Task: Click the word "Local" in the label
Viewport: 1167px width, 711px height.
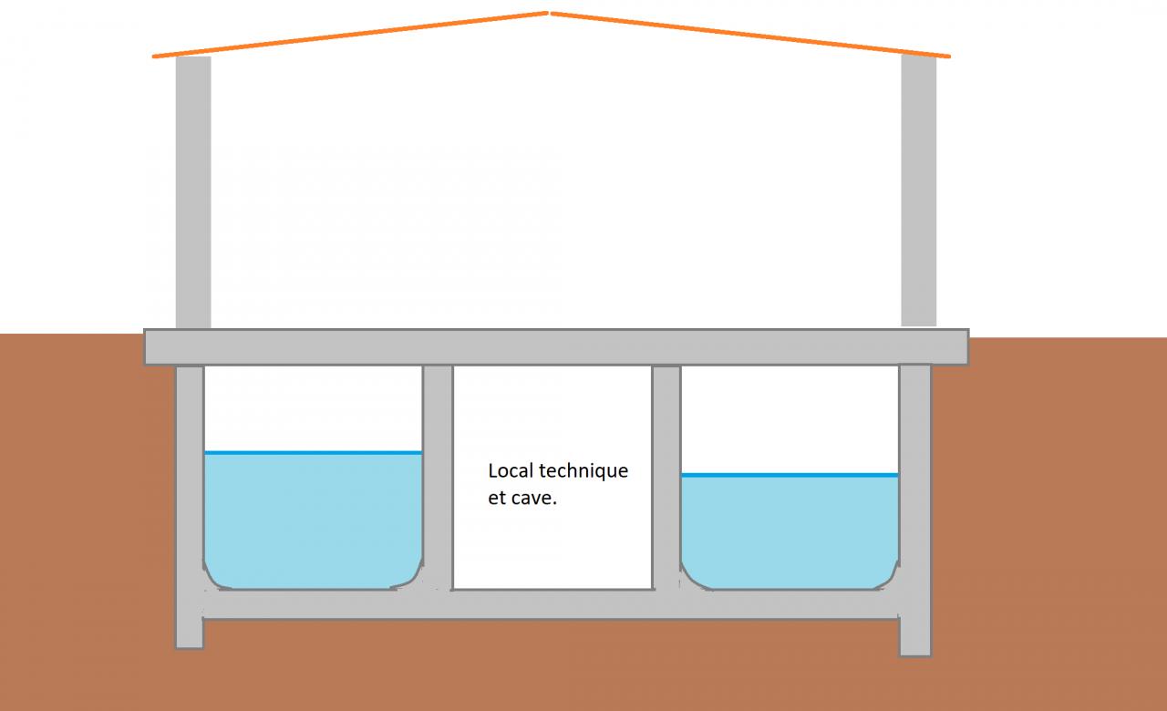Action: click(x=511, y=471)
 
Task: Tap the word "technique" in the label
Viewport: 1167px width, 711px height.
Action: click(x=584, y=471)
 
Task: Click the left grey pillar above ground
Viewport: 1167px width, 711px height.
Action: click(x=193, y=191)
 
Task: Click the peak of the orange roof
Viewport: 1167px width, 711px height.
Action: click(x=548, y=13)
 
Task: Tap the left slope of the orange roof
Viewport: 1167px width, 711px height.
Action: click(x=351, y=35)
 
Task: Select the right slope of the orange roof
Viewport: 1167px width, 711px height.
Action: click(x=748, y=35)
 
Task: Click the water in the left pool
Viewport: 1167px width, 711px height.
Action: click(x=313, y=520)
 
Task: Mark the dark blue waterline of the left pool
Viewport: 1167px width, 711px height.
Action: click(x=313, y=452)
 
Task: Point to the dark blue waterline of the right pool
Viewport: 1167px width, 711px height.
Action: click(x=790, y=475)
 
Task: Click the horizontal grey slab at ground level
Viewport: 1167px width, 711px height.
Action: click(x=556, y=346)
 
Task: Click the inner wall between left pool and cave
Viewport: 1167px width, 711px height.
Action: click(x=438, y=474)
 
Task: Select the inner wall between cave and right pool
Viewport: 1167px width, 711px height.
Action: click(x=666, y=474)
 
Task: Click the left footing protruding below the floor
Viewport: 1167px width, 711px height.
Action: click(x=189, y=634)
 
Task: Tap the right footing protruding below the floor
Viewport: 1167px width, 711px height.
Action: click(x=914, y=638)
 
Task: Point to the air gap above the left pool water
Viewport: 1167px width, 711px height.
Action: click(x=313, y=407)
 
